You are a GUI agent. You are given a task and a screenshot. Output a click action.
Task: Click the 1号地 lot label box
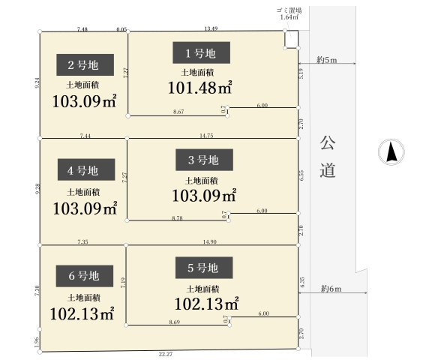click(x=199, y=52)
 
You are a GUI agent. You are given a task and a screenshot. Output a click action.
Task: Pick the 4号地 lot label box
click(x=80, y=170)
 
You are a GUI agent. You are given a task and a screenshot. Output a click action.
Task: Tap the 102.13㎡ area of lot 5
click(x=206, y=304)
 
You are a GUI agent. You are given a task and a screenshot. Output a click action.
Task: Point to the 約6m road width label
click(x=331, y=289)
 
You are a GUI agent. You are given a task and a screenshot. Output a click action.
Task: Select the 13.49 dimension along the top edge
click(x=211, y=28)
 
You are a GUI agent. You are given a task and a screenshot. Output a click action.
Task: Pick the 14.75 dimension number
click(x=207, y=136)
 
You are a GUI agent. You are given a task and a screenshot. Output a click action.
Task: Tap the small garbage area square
click(x=290, y=39)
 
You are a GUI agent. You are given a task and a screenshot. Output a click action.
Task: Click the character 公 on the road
click(x=327, y=141)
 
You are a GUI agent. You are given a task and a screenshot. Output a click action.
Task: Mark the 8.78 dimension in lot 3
click(x=178, y=217)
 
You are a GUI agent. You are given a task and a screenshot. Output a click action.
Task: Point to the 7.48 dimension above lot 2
click(x=82, y=28)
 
